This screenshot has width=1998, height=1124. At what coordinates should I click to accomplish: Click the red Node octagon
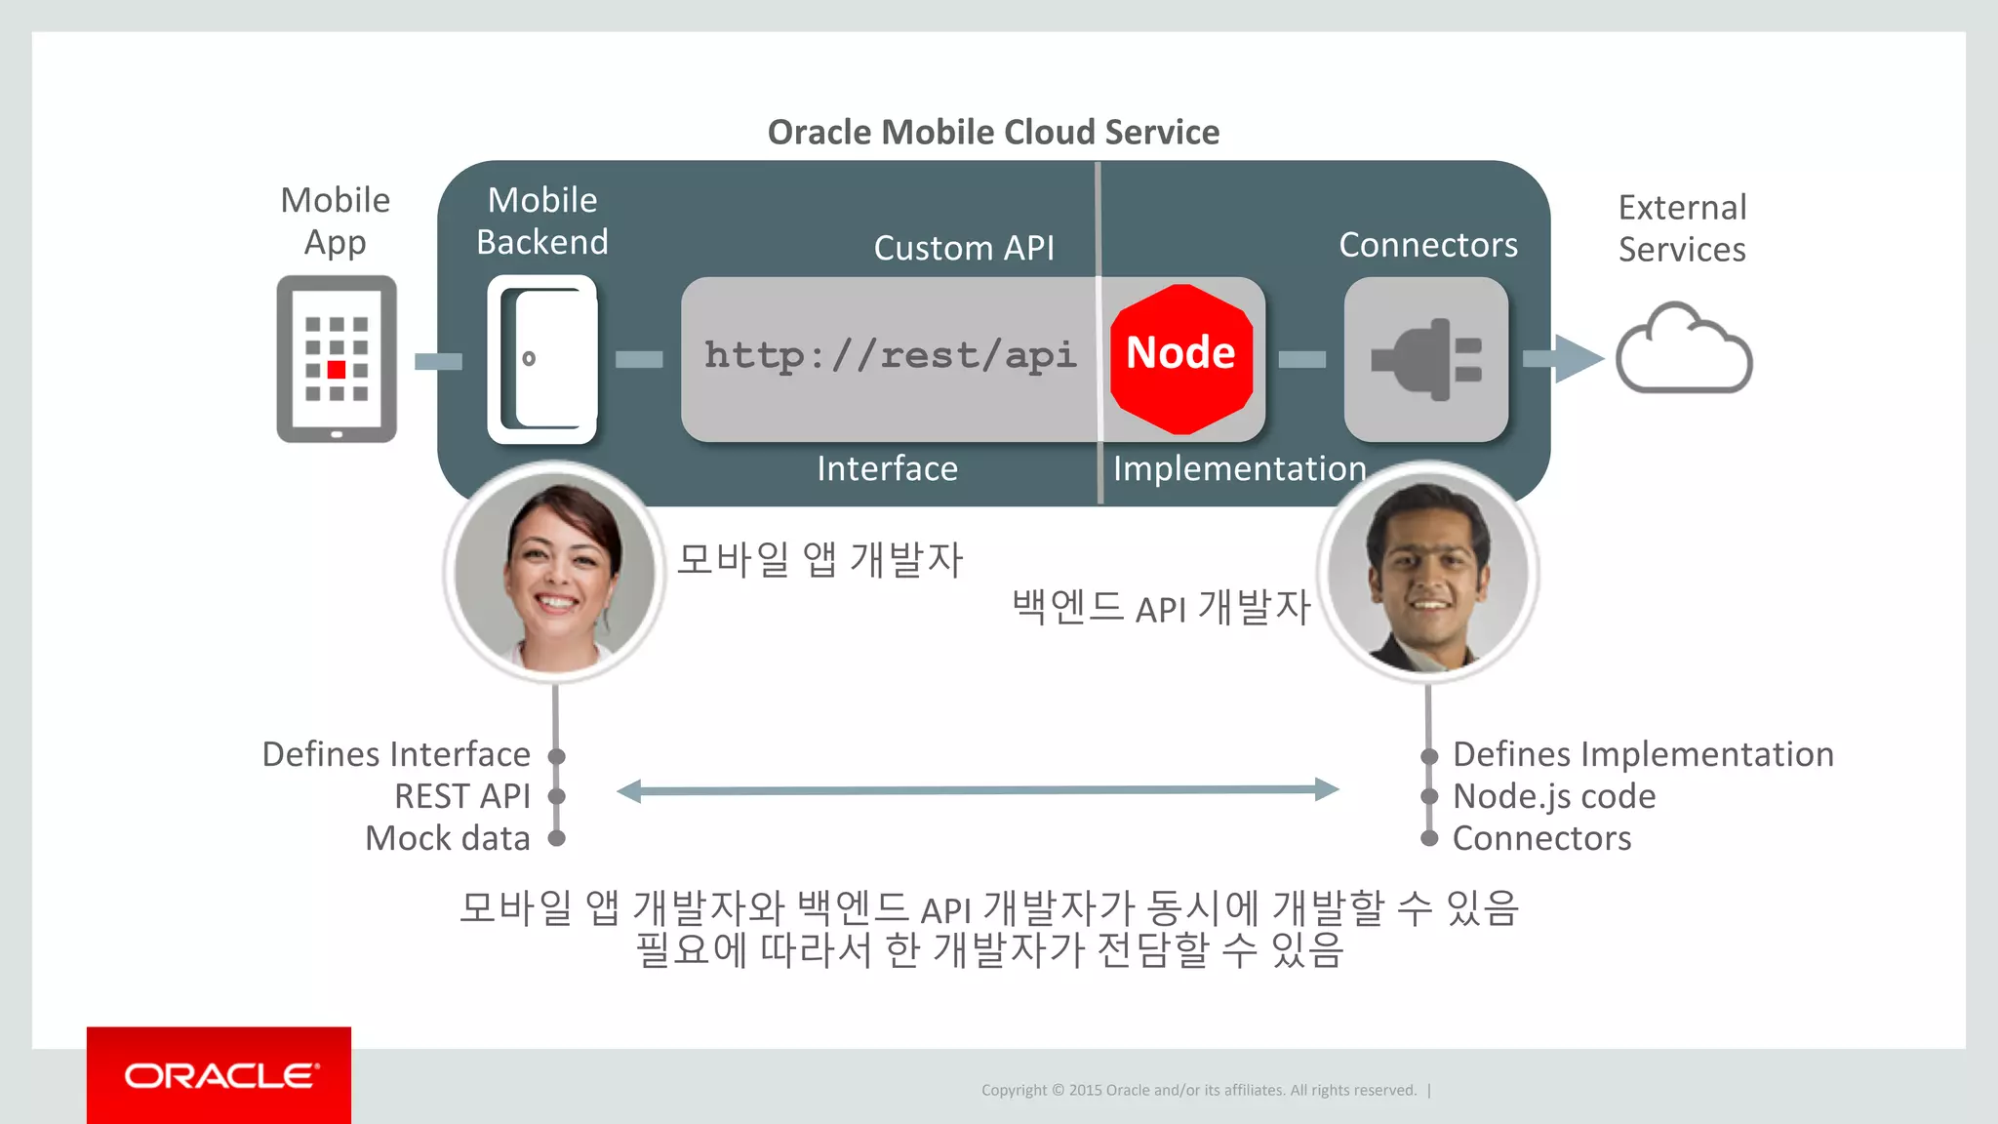1181,358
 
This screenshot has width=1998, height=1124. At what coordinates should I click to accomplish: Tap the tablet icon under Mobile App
337,358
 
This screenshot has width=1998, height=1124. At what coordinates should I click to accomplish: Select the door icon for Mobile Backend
542,359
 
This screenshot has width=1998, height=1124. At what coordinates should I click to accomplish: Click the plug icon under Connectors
1426,359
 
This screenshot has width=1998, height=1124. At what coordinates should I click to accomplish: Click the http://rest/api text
890,356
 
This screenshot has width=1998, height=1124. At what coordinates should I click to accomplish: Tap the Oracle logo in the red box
220,1075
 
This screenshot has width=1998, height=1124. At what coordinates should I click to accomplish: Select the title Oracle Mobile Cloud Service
993,132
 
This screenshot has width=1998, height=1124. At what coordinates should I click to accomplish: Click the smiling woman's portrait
555,574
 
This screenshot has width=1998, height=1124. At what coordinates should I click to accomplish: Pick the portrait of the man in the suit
1427,574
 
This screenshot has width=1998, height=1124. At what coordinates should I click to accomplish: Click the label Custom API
964,248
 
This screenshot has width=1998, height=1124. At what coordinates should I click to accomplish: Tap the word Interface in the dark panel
887,469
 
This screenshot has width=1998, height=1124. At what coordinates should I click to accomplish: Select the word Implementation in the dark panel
1239,469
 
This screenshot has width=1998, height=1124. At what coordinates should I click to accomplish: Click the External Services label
1682,228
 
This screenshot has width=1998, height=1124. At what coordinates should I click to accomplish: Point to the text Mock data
448,838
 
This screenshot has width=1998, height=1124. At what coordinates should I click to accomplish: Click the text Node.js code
1554,796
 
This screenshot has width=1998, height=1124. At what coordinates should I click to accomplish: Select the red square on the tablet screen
337,370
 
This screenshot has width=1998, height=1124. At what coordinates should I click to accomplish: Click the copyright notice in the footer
1199,1090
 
